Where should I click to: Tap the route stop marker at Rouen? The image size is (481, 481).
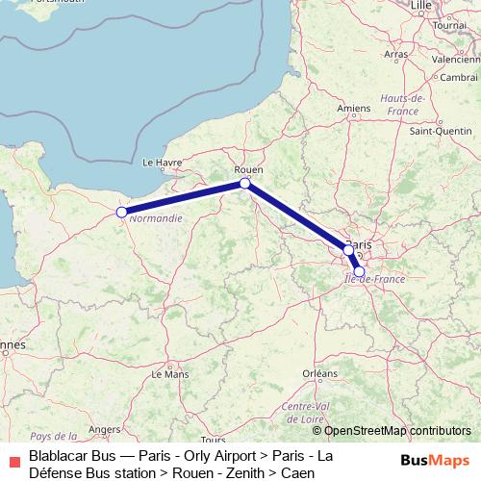(245, 183)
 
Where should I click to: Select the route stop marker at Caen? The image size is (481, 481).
(121, 212)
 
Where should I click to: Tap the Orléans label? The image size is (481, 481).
(319, 372)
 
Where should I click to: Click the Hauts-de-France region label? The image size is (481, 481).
(403, 103)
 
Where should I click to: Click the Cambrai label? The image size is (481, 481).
(459, 77)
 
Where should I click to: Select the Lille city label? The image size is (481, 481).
(420, 6)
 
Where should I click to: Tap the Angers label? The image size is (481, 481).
(104, 429)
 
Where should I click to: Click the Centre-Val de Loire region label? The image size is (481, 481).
(307, 412)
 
